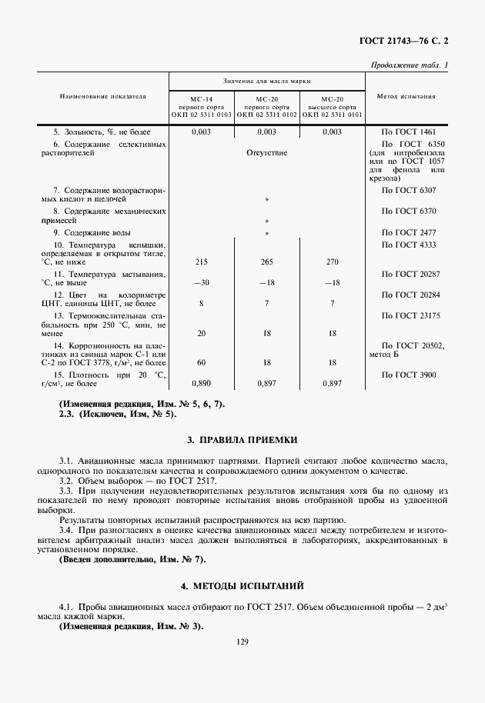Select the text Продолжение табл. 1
410,65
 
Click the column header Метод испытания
406,97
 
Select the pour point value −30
202,282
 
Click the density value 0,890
202,382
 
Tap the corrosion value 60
202,361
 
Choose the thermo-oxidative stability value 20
202,333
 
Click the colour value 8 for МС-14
202,303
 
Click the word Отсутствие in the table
266,152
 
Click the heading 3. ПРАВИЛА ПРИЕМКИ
242,440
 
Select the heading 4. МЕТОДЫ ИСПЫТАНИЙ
242,585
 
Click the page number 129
242,639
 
